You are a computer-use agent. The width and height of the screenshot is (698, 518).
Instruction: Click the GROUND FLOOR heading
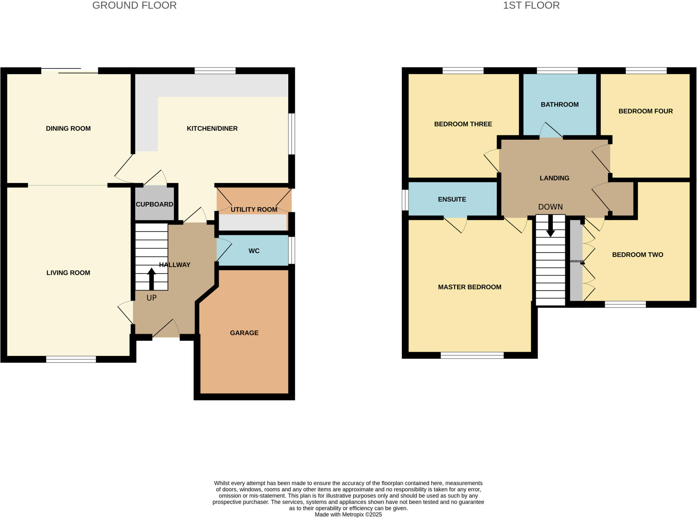[134, 6]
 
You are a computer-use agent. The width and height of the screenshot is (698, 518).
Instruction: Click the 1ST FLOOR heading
[531, 6]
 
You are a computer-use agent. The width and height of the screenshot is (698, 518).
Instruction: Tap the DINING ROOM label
[68, 129]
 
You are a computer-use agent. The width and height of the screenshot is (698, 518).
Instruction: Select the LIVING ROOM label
[68, 273]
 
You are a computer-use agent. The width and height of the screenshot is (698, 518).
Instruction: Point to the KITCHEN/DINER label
[212, 129]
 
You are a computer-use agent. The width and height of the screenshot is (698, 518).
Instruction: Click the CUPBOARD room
[154, 204]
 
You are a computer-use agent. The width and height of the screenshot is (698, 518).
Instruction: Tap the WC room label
[254, 251]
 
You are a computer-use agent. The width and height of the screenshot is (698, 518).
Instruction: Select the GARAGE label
[244, 333]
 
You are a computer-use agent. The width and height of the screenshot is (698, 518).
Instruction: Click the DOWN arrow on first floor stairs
[550, 226]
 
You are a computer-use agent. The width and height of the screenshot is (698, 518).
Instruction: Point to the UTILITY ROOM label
[254, 209]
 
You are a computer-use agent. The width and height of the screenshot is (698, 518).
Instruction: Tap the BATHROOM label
[560, 105]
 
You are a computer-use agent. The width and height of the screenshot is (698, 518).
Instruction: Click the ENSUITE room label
[452, 199]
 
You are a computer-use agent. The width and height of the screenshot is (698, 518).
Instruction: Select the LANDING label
[554, 178]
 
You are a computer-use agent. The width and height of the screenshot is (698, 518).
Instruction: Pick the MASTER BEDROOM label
[469, 287]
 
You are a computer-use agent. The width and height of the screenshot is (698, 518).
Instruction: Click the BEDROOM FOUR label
[645, 111]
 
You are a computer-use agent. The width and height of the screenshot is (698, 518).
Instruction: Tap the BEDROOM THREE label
[463, 124]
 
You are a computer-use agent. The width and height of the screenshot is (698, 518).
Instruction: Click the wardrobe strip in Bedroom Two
[576, 261]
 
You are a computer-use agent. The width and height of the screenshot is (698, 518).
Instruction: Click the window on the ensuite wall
[405, 200]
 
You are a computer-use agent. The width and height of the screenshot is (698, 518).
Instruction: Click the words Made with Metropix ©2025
[348, 515]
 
